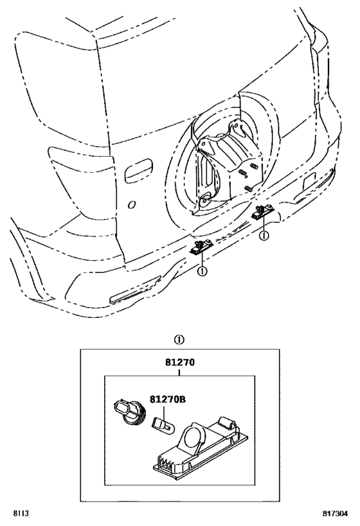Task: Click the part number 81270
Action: [x=179, y=363]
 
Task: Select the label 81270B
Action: [x=167, y=399]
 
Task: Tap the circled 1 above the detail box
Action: [x=179, y=340]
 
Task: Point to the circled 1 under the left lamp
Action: [x=202, y=271]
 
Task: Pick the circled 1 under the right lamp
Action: [x=264, y=236]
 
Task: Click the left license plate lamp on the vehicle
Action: [x=201, y=247]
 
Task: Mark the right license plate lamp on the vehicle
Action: [x=263, y=213]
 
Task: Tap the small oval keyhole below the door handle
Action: [x=132, y=205]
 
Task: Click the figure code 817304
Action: [x=335, y=513]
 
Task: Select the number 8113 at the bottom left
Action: [x=21, y=513]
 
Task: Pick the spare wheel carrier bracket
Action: [x=229, y=168]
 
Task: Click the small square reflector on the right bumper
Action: [x=309, y=181]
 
